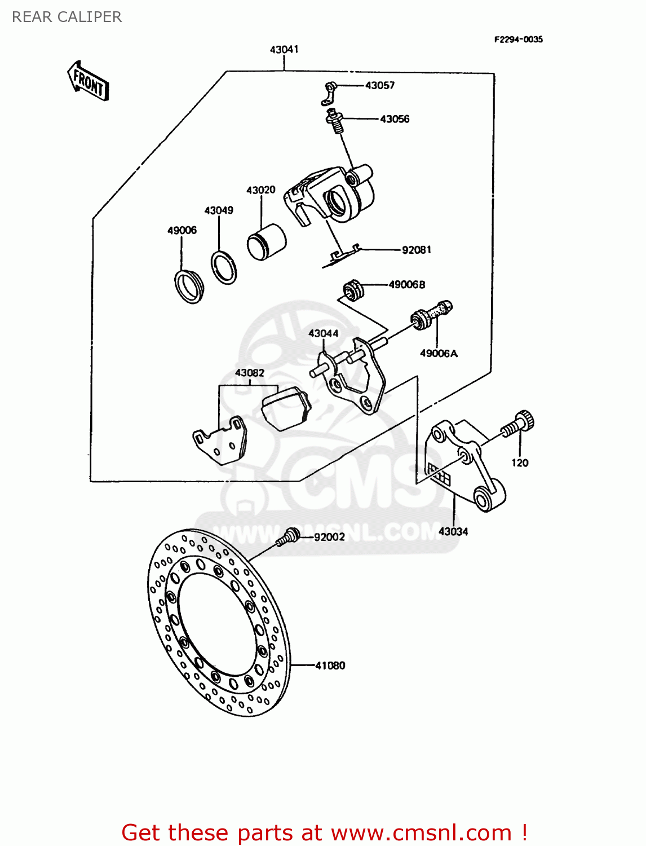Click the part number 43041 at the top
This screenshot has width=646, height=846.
(284, 50)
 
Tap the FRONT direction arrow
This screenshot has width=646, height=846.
(88, 81)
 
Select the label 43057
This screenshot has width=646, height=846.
(380, 85)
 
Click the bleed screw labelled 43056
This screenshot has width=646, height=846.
(335, 121)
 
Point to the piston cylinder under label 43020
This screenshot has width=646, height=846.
(267, 242)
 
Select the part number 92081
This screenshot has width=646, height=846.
(416, 249)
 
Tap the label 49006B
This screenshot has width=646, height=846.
(407, 284)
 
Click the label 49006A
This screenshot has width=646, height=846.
(439, 353)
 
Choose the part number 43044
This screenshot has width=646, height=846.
(323, 333)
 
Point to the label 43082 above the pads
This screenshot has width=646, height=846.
(249, 373)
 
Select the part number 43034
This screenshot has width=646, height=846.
(453, 531)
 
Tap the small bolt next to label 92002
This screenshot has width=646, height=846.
(289, 536)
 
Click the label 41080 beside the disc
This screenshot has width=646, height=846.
(330, 666)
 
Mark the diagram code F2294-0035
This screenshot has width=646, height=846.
(518, 39)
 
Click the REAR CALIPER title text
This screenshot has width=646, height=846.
(67, 17)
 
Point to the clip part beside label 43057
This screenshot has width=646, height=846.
(330, 94)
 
